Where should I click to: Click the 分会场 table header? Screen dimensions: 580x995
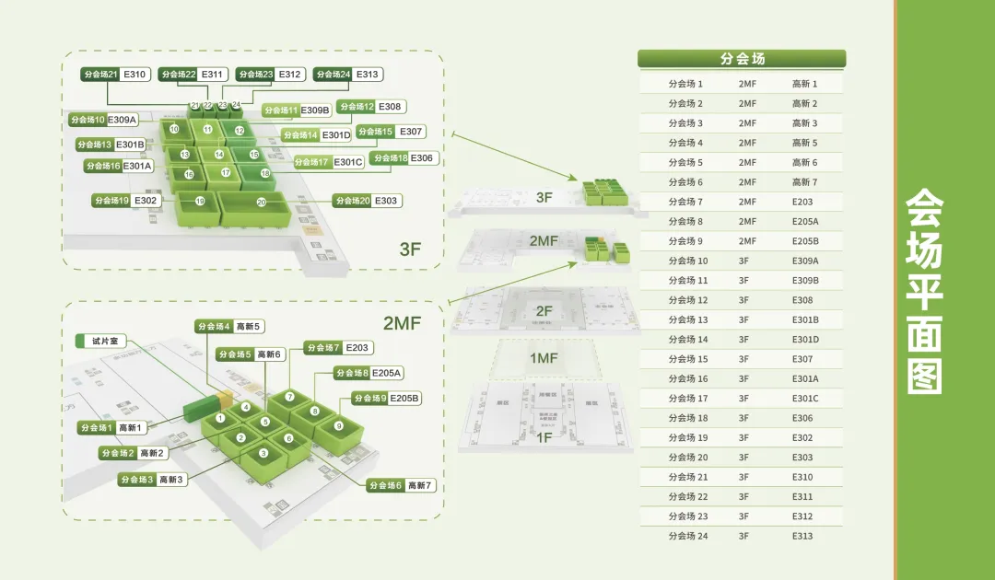coord(742,59)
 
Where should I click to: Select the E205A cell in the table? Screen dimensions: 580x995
coord(804,222)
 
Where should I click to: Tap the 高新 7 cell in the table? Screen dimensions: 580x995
coord(804,182)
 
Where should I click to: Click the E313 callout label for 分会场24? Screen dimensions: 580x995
coord(367,75)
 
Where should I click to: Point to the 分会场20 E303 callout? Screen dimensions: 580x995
coord(367,201)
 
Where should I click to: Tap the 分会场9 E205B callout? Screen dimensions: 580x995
coord(386,399)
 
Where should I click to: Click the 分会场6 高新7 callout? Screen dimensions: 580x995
coord(400,485)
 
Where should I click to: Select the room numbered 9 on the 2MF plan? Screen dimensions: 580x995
coord(338,426)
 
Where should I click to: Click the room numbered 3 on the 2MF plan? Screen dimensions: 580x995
coord(263,453)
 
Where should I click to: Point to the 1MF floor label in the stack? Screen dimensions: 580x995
coord(543,357)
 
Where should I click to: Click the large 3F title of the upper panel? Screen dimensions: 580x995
coord(411,249)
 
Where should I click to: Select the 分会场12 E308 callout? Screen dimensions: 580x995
coord(371,107)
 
